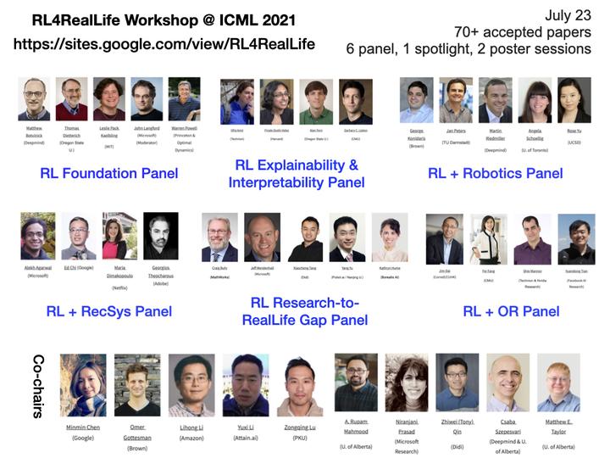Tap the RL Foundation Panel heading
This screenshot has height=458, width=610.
point(108,173)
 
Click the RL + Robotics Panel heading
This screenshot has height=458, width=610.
point(495,173)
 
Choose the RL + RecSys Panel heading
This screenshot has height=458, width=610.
point(108,311)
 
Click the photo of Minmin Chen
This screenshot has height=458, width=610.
point(83,384)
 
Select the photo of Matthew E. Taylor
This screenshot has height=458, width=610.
point(558,383)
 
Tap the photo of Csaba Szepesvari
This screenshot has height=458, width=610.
point(507,383)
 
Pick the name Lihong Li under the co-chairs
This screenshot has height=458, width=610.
point(191,427)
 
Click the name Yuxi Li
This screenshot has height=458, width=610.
point(245,427)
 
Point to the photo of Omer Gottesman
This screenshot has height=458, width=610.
point(137,384)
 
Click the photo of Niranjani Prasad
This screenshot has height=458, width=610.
point(407,383)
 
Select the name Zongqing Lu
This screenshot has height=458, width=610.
point(299,427)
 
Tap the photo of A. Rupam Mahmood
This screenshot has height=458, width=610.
point(356,383)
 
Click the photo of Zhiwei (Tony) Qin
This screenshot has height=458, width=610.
point(457,383)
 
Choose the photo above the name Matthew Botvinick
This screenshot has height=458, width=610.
point(35,99)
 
